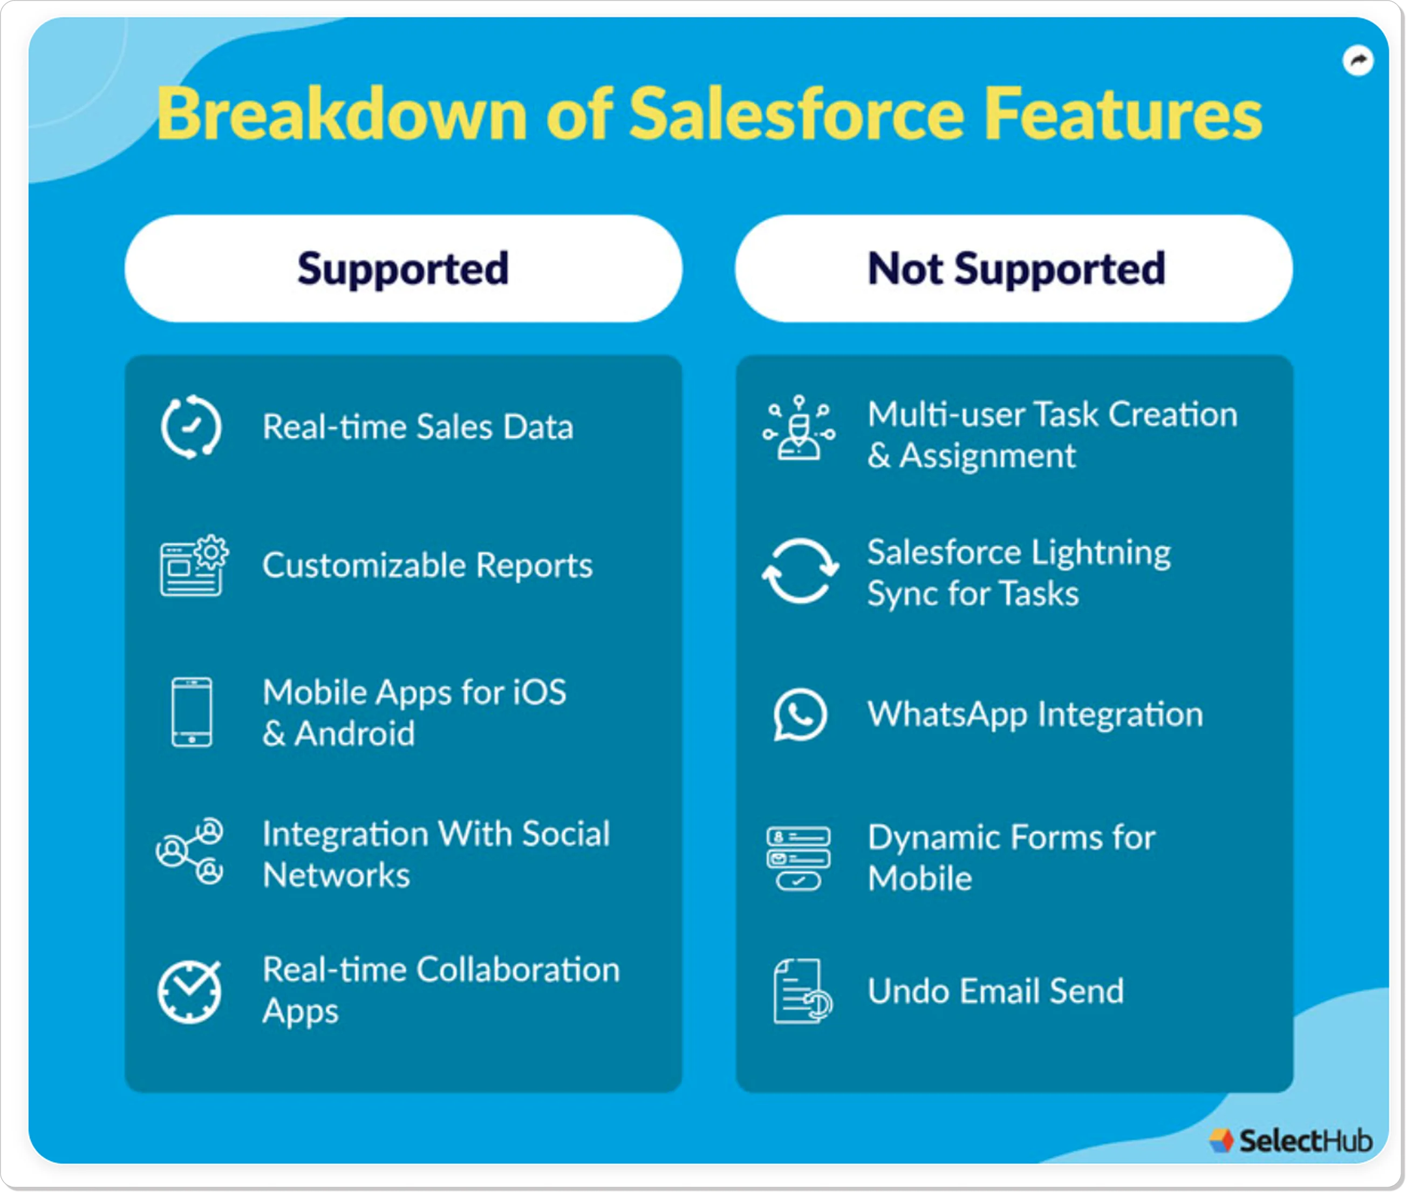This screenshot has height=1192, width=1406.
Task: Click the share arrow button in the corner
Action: tap(1357, 62)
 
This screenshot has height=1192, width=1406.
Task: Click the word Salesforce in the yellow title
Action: tap(796, 114)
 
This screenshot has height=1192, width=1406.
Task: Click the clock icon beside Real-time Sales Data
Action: tap(191, 427)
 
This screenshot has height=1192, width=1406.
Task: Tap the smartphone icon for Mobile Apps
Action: tap(192, 712)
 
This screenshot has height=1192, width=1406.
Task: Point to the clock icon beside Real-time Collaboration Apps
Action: tap(190, 991)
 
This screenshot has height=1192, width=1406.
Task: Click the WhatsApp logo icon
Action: tap(800, 714)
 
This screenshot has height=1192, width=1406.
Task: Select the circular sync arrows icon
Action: tap(800, 571)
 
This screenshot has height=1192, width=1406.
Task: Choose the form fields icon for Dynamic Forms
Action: tap(798, 857)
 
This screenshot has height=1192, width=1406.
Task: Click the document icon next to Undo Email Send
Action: tap(802, 991)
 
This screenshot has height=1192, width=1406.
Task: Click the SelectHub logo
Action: tap(1291, 1140)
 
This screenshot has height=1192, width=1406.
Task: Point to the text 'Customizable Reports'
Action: tap(427, 565)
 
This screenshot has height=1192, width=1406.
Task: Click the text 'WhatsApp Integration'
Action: tap(1035, 714)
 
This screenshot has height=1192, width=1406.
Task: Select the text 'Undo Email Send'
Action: tap(995, 991)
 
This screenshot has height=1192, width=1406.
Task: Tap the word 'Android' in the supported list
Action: tap(354, 734)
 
